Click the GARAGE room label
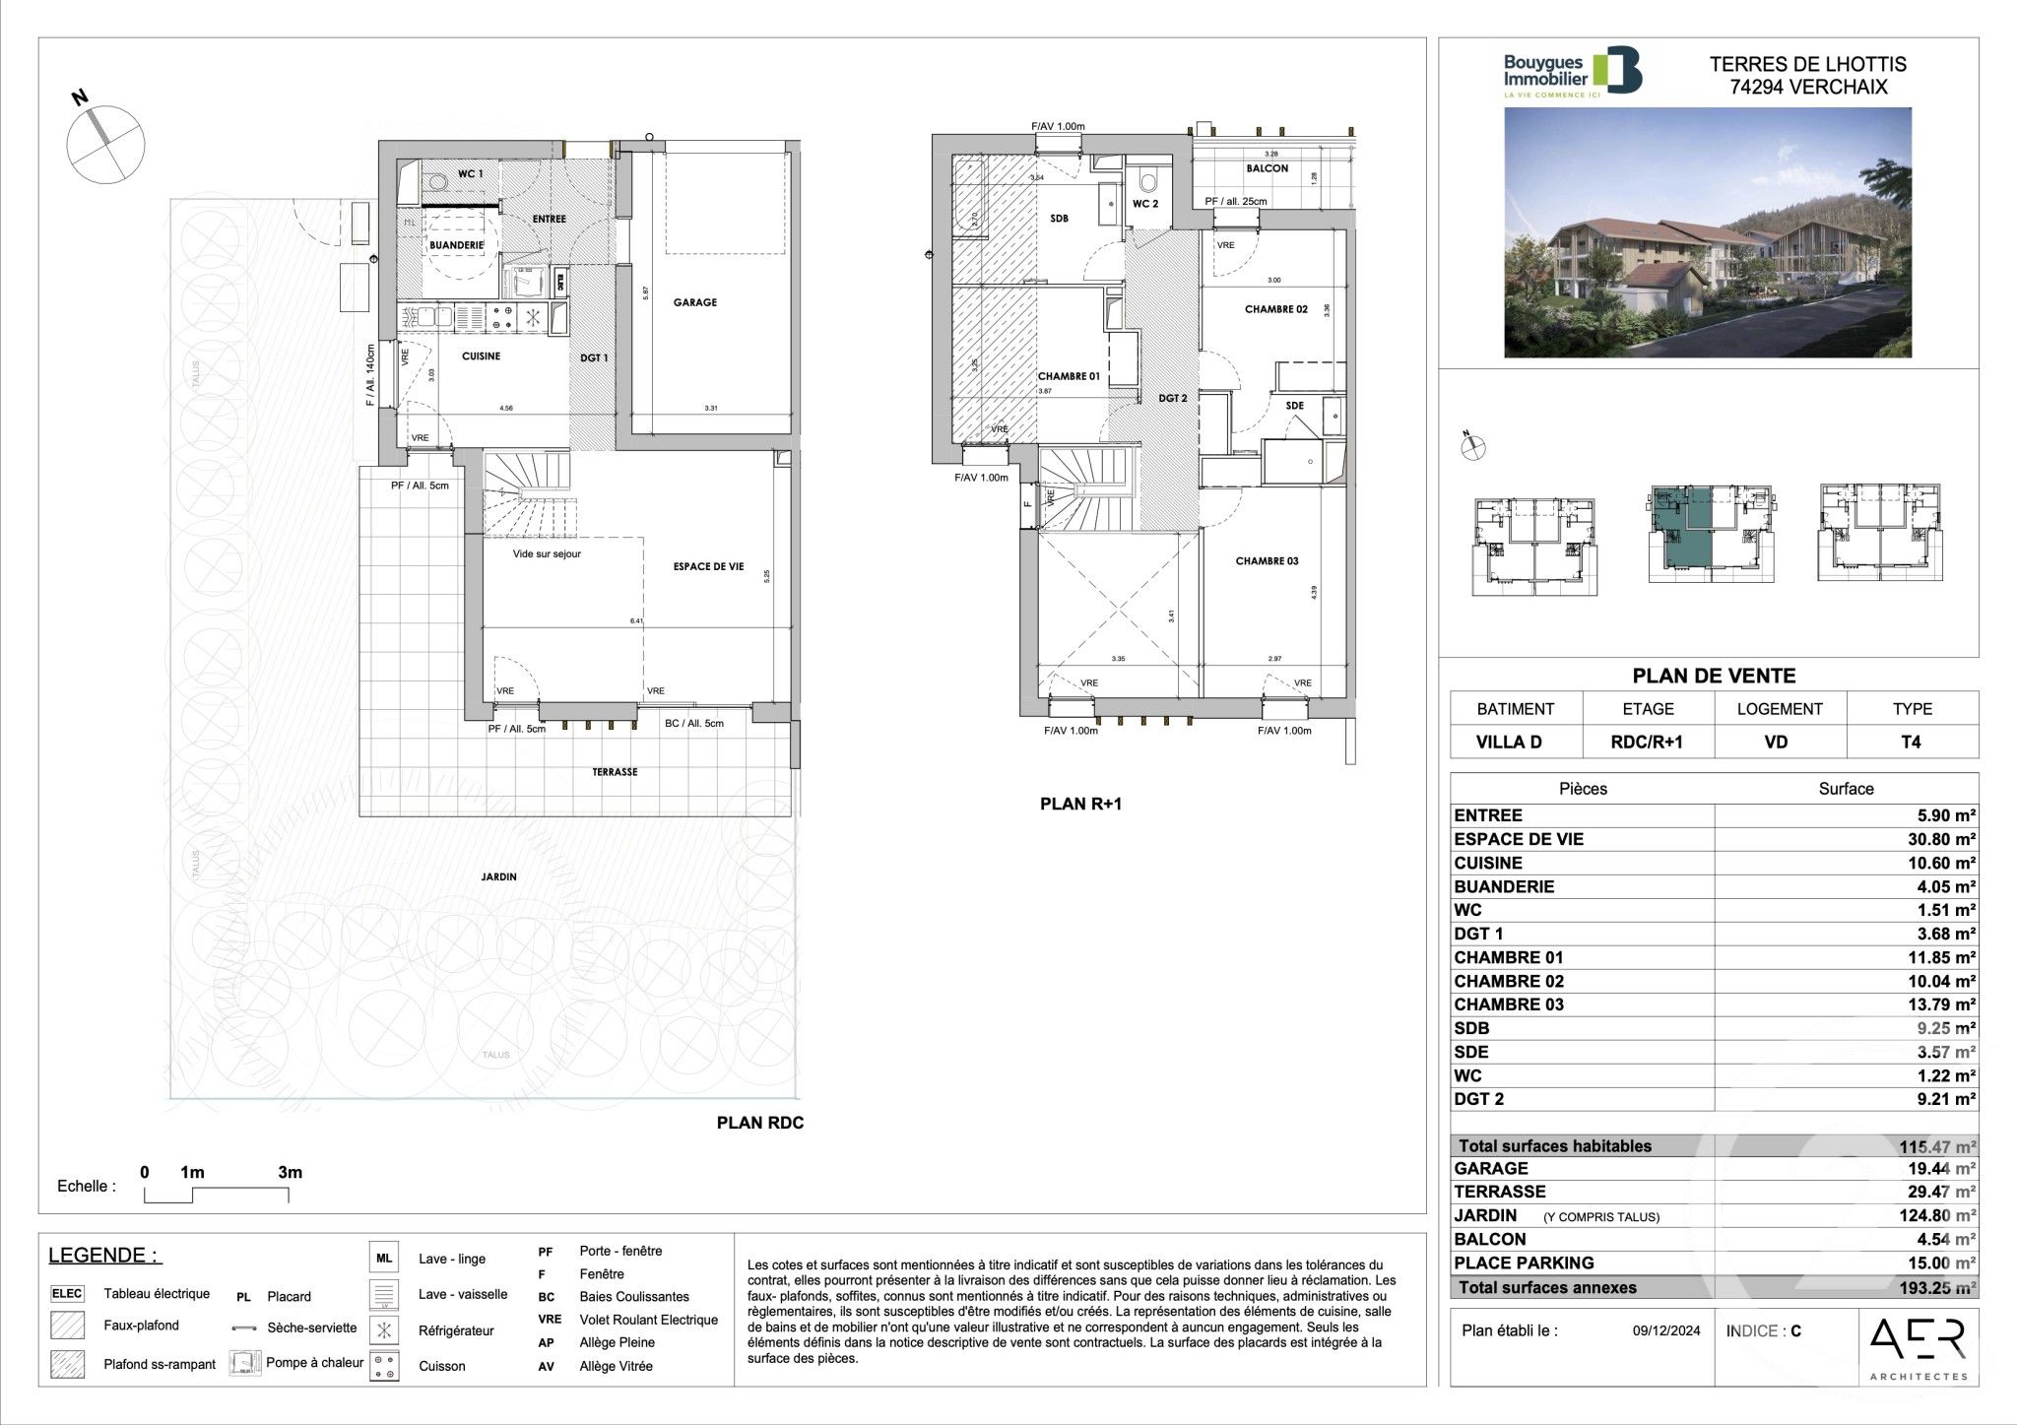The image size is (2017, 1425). pos(694,302)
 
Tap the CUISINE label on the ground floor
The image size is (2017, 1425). pos(481,356)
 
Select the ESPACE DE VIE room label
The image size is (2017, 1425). pos(708,566)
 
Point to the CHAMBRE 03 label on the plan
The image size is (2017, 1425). pos(1267,561)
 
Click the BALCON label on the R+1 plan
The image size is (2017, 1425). pos(1267,168)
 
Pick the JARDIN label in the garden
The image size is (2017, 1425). pos(499,876)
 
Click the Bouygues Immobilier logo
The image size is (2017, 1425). pos(1572,73)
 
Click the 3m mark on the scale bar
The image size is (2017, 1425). pos(290,1173)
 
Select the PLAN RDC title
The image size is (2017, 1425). pos(759,1123)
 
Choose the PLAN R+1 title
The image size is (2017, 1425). pos(1080,804)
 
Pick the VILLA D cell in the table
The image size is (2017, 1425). pos(1515,743)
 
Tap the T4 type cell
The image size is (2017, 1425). pos(1911,743)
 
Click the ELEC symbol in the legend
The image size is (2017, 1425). pos(67,1294)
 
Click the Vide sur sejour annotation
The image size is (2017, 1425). pos(547,554)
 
